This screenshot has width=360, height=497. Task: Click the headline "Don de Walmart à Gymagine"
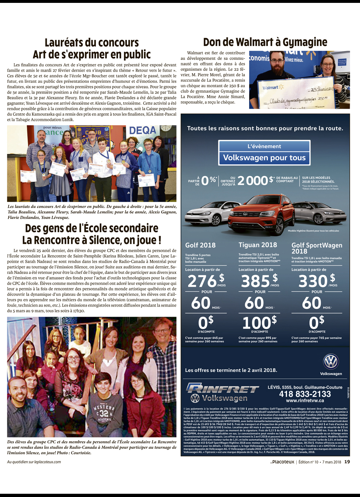265,42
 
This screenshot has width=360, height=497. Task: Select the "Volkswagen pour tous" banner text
264,158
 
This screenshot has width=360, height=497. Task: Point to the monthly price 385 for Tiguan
255,281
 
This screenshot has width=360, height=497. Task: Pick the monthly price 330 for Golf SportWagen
312,281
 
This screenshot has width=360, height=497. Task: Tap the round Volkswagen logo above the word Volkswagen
330,361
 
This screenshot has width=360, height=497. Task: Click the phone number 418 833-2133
305,394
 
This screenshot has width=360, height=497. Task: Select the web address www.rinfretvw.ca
305,401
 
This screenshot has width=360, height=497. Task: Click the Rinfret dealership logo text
222,389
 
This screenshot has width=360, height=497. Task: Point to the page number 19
347,462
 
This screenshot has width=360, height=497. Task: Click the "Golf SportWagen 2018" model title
316,248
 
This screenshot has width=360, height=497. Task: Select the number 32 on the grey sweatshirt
104,414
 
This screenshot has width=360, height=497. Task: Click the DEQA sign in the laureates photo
143,130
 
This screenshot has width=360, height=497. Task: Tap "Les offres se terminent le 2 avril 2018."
231,370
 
